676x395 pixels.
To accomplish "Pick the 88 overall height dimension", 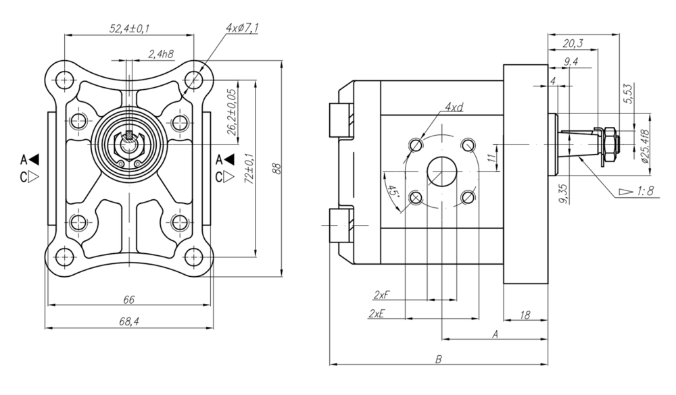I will point(276,168).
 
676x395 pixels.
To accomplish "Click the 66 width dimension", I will point(128,299).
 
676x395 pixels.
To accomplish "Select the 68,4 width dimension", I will point(128,322).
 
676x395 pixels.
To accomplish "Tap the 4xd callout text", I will point(454,108).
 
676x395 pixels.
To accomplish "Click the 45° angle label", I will point(393,190).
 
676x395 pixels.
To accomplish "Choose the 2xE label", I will point(377,314).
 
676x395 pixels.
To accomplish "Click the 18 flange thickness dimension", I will point(525,314).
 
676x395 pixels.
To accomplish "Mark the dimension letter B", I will point(439,359).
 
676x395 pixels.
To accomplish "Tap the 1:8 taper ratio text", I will point(644,192).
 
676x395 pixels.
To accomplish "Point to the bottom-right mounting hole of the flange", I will point(194,257).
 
